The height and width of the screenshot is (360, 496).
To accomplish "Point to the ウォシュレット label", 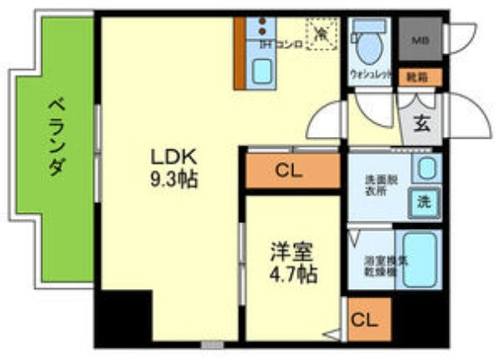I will click(371, 75).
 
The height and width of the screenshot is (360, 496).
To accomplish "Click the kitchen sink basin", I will click(265, 71).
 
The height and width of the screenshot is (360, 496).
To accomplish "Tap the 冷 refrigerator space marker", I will click(322, 34).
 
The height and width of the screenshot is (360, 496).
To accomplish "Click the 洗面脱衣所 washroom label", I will click(379, 184).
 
